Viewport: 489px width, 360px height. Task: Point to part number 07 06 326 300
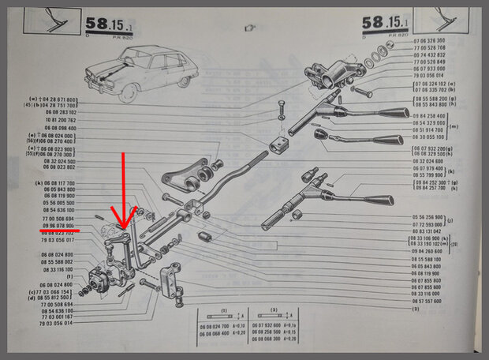point(429,39)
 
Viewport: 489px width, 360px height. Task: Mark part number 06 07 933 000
point(429,69)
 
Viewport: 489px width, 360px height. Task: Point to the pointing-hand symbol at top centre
point(252,28)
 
